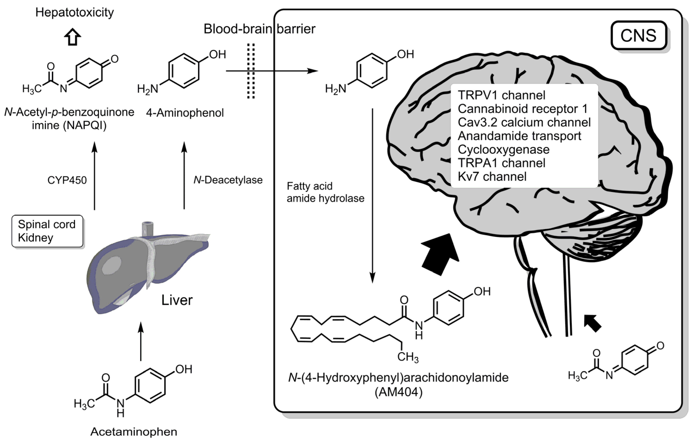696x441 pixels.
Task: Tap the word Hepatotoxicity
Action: click(x=74, y=12)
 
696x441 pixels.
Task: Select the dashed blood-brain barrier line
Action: click(x=251, y=71)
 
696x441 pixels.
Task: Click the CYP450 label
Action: click(x=67, y=180)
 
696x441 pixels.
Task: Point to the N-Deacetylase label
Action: click(x=228, y=180)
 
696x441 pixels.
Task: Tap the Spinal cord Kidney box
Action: click(x=47, y=231)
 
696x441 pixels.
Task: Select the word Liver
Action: click(x=177, y=300)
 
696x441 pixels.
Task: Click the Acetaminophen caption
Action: click(x=134, y=432)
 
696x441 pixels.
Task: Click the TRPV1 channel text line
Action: click(x=502, y=95)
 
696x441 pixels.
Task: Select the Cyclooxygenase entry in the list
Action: click(x=504, y=149)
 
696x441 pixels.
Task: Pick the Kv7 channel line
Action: click(x=492, y=176)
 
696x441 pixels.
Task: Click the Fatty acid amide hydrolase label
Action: click(x=325, y=192)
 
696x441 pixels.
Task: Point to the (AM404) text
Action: click(x=398, y=392)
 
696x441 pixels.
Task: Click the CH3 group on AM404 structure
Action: click(x=407, y=357)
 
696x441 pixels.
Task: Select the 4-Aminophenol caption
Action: click(x=185, y=113)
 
